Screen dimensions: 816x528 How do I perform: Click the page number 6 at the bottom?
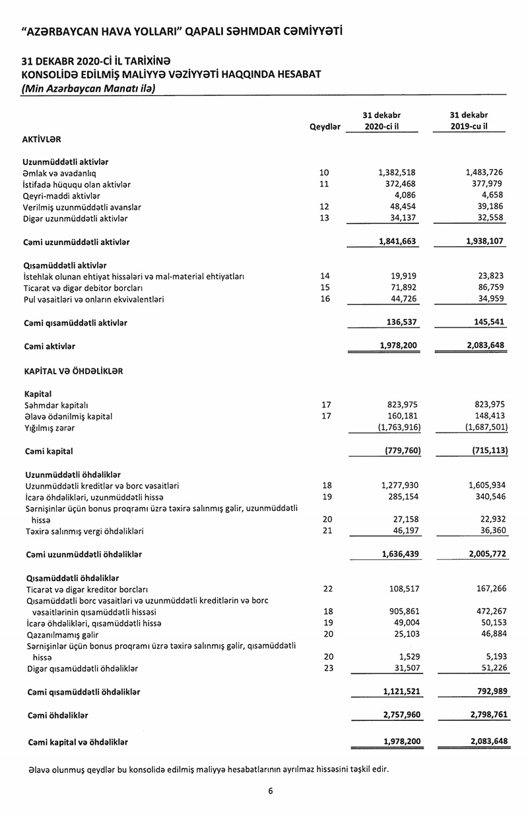pyautogui.click(x=271, y=791)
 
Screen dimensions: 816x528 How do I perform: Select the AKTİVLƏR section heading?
pyautogui.click(x=42, y=139)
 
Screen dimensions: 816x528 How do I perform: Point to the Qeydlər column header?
pyautogui.click(x=325, y=127)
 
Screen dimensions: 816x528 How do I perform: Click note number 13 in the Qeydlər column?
pyautogui.click(x=323, y=219)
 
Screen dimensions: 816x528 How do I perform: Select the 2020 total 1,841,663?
pyautogui.click(x=397, y=242)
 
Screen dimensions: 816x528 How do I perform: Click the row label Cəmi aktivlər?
pyautogui.click(x=49, y=346)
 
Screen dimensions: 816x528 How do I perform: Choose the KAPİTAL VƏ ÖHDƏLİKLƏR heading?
pyautogui.click(x=73, y=371)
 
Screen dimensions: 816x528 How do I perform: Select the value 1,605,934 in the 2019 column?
pyautogui.click(x=486, y=485)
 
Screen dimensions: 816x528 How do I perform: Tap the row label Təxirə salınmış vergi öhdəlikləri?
pyautogui.click(x=84, y=531)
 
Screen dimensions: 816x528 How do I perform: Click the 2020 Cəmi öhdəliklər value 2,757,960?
pyautogui.click(x=402, y=715)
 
